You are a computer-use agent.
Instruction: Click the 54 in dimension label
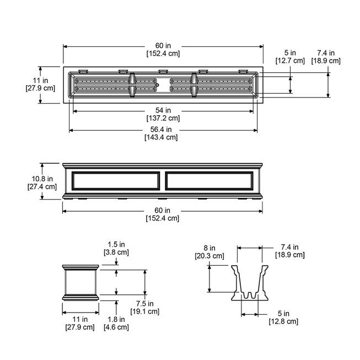pos(163,114)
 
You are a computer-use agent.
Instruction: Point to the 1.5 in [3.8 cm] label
pos(116,249)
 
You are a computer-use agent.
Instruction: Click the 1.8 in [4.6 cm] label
pos(116,323)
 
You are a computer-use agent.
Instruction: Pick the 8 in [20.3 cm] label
pos(209,252)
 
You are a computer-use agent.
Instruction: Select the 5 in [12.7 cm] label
pos(291,57)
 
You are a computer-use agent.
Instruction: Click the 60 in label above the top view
pos(163,50)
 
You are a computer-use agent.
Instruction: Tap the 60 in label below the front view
pos(163,214)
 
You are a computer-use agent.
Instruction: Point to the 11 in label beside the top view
pos(41,84)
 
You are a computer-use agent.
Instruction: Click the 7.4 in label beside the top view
pos(329,57)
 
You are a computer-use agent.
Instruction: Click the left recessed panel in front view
pos(115,181)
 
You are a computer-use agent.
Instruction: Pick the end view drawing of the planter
pos(80,282)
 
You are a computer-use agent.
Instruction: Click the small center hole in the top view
pos(158,85)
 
